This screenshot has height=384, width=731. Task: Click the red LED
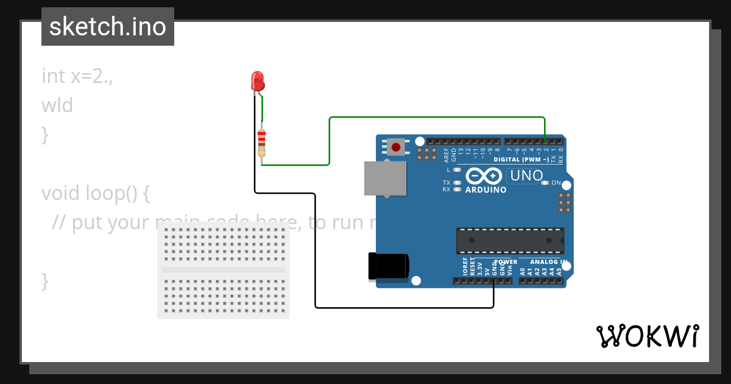pyautogui.click(x=258, y=80)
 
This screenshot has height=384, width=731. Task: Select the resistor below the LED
pyautogui.click(x=262, y=143)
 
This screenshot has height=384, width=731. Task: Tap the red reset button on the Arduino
pyautogui.click(x=397, y=147)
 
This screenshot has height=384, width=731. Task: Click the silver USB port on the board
pyautogui.click(x=385, y=178)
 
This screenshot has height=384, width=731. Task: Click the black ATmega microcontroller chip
pyautogui.click(x=510, y=241)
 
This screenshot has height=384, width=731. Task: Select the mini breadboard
pyautogui.click(x=224, y=270)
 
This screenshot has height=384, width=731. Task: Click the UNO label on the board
pyautogui.click(x=526, y=176)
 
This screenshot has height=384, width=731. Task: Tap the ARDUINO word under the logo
pyautogui.click(x=486, y=190)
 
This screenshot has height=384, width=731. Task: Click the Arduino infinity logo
pyautogui.click(x=484, y=176)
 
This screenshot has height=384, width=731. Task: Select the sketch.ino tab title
pyautogui.click(x=108, y=27)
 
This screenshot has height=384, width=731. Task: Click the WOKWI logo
pyautogui.click(x=647, y=336)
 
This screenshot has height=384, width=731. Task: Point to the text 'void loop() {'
pyautogui.click(x=95, y=193)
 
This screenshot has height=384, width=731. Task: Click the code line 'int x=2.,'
pyautogui.click(x=77, y=76)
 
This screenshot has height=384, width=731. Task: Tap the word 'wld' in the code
pyautogui.click(x=57, y=105)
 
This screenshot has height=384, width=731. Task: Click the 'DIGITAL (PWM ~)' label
pyautogui.click(x=521, y=160)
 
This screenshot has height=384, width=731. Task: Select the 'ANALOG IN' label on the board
pyautogui.click(x=549, y=262)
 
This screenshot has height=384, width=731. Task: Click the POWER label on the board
pyautogui.click(x=505, y=262)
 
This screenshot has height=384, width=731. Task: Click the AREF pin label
pyautogui.click(x=447, y=154)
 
